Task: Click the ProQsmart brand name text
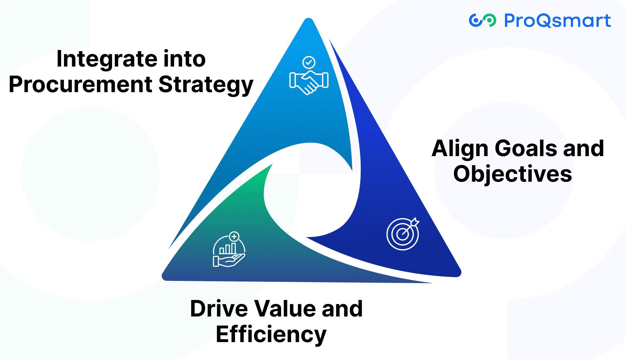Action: point(557,21)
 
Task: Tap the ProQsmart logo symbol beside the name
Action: point(482,20)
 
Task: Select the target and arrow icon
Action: point(403,234)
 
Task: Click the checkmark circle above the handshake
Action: point(309,62)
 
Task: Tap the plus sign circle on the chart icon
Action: point(234,236)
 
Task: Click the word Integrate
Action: point(107,59)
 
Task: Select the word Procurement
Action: point(81,84)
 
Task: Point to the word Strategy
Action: point(206,85)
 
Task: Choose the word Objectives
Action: point(512,174)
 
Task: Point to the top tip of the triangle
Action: point(309,20)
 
